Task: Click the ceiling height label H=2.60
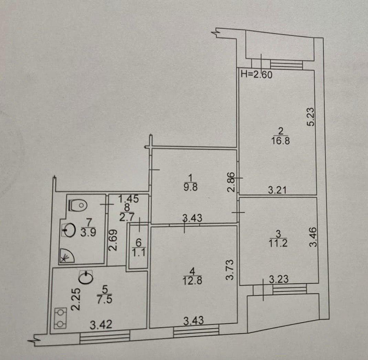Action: (x=257, y=75)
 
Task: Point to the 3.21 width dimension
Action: (x=277, y=189)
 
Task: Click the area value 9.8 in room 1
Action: (x=191, y=187)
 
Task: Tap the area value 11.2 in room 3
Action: (x=278, y=243)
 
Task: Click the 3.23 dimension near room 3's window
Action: (x=278, y=279)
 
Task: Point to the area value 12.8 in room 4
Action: (x=192, y=281)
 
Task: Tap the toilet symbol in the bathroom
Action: (x=78, y=205)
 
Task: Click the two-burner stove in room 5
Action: (x=61, y=318)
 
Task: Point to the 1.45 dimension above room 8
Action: (x=128, y=199)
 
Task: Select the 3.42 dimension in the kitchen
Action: (x=101, y=325)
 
